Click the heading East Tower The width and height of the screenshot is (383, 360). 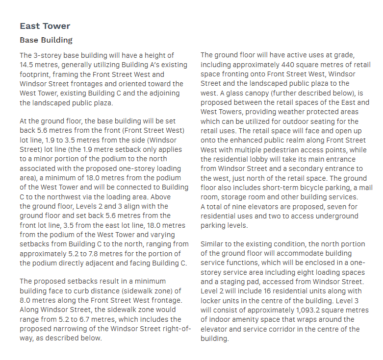coord(45,26)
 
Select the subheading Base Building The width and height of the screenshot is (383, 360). coord(46,40)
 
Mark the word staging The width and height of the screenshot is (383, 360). coord(229,282)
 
